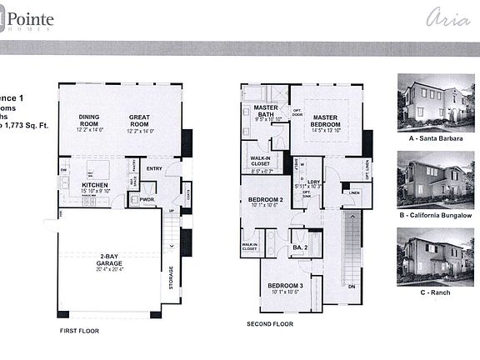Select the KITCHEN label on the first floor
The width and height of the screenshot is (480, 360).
point(96,185)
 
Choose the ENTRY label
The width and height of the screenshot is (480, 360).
point(154,169)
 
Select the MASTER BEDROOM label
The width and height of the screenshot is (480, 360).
point(325,122)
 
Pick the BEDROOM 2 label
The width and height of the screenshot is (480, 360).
point(264,200)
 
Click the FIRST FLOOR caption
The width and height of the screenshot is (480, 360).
point(80,330)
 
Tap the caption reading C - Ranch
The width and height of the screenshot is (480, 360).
point(430,292)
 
